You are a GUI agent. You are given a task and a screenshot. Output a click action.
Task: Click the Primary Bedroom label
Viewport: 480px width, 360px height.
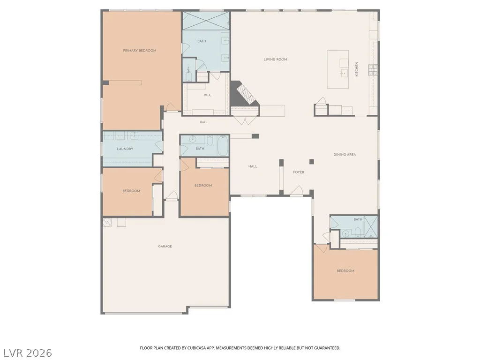(x=140, y=51)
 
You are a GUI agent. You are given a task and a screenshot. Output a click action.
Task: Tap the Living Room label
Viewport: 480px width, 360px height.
(x=275, y=60)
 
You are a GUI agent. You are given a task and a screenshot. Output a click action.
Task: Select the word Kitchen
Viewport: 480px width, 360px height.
(x=357, y=69)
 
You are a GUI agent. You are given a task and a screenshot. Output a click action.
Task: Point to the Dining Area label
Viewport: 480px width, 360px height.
(x=345, y=155)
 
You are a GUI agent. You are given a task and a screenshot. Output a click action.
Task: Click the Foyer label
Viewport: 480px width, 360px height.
(x=299, y=172)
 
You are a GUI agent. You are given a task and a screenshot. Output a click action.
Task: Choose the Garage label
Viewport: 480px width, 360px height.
(x=165, y=246)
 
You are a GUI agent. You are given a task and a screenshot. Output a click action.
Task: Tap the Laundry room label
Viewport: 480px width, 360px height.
(x=125, y=149)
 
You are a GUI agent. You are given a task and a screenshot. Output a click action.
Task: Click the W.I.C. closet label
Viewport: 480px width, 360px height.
(x=208, y=95)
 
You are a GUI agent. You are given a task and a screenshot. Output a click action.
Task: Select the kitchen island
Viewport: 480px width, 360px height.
(x=337, y=69)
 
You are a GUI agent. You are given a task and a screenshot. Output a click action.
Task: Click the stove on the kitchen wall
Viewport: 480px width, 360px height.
(x=373, y=70)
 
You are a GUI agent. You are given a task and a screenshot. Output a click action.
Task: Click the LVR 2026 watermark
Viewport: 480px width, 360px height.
(x=26, y=352)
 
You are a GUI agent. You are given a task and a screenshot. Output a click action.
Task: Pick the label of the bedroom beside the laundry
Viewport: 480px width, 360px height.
(x=131, y=191)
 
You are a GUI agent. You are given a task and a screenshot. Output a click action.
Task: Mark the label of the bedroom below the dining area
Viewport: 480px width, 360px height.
(x=345, y=271)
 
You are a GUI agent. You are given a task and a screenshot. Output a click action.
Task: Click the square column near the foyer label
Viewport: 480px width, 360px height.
(x=312, y=162)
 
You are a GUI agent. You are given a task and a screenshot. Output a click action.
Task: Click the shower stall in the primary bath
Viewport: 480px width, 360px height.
(x=206, y=21)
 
